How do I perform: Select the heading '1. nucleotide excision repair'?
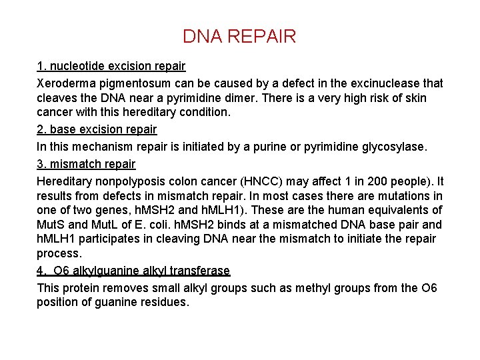click(111, 67)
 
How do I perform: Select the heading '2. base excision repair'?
click(97, 129)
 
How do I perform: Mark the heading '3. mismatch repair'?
click(86, 163)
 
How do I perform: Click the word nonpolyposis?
click(127, 181)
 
